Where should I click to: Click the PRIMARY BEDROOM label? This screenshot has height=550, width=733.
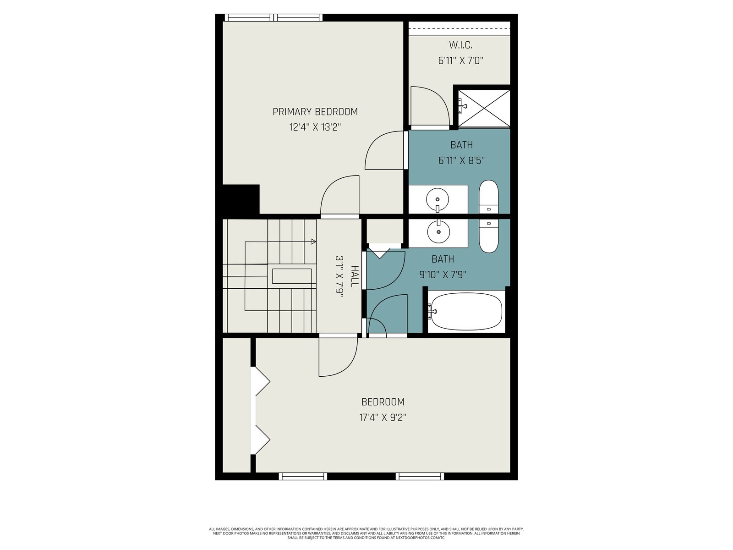pyautogui.click(x=315, y=111)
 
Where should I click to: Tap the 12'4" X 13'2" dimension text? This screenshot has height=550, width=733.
pyautogui.click(x=315, y=127)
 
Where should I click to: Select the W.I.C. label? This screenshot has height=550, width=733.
pyautogui.click(x=460, y=45)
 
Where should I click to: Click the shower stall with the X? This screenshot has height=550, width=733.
pyautogui.click(x=484, y=108)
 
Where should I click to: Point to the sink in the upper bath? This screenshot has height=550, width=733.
pyautogui.click(x=438, y=199)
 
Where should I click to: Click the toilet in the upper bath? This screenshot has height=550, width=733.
pyautogui.click(x=488, y=197)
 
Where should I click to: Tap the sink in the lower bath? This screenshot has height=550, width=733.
pyautogui.click(x=438, y=231)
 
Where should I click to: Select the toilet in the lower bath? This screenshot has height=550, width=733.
pyautogui.click(x=488, y=236)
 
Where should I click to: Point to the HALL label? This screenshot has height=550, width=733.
pyautogui.click(x=355, y=276)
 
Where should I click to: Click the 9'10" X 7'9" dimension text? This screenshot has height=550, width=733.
pyautogui.click(x=443, y=275)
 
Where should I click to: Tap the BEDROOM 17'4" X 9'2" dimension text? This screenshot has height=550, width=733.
pyautogui.click(x=383, y=418)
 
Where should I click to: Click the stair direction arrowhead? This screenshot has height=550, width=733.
pyautogui.click(x=313, y=242)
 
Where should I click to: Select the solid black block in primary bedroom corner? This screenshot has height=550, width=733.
pyautogui.click(x=241, y=199)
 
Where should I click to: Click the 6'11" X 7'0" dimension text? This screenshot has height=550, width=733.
pyautogui.click(x=461, y=60)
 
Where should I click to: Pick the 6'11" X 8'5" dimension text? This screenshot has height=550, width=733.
pyautogui.click(x=461, y=160)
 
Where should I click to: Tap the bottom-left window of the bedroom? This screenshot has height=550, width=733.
pyautogui.click(x=303, y=476)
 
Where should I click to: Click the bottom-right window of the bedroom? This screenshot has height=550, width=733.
pyautogui.click(x=420, y=476)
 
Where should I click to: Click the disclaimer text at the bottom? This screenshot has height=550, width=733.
pyautogui.click(x=366, y=533)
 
